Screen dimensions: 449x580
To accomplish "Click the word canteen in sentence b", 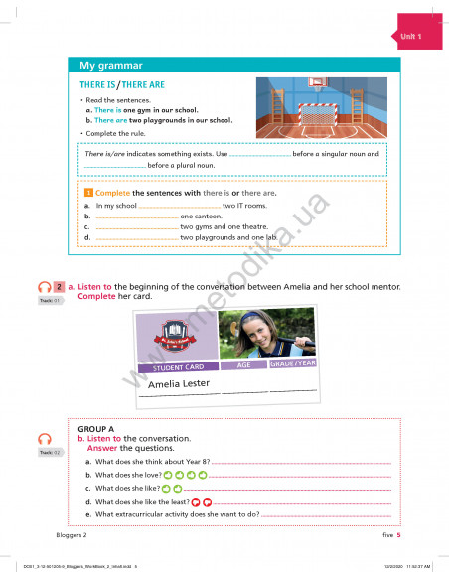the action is [198, 216].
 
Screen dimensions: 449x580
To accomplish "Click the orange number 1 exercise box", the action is [88, 192].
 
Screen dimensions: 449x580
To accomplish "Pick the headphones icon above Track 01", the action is [43, 288].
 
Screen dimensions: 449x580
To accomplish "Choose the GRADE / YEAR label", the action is [293, 362].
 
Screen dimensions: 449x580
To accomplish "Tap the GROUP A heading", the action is [97, 429].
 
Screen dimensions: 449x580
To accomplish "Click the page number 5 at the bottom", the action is [398, 534].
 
